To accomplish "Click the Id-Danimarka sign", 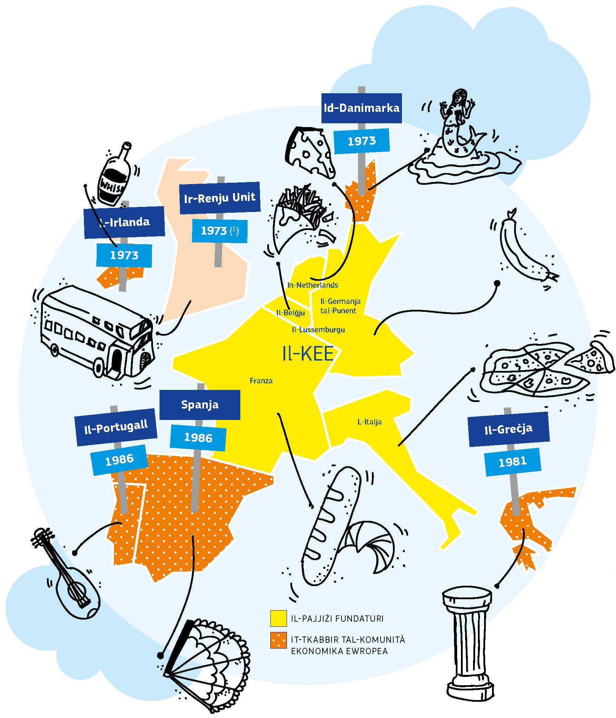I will [x=362, y=108].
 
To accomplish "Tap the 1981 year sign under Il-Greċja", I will [x=512, y=461].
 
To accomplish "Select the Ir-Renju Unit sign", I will [x=220, y=198].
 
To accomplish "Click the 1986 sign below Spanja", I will [x=198, y=438].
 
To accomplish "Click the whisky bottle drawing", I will [x=114, y=175].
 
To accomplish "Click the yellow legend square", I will [x=278, y=619].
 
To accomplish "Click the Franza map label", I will [x=261, y=381].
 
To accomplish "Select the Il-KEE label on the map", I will [x=308, y=354].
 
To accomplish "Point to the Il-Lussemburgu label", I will [x=318, y=329].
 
